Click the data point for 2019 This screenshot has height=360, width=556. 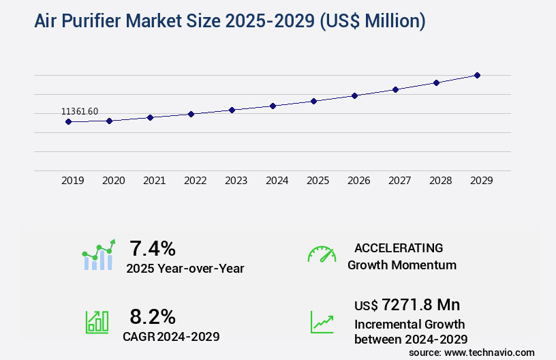pyautogui.click(x=68, y=121)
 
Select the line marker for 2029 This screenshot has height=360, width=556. pyautogui.click(x=477, y=75)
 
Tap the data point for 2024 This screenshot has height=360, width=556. pyautogui.click(x=273, y=106)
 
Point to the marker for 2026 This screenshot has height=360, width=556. pyautogui.click(x=354, y=95)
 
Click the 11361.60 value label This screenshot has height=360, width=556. pyautogui.click(x=80, y=111)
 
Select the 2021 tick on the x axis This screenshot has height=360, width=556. pyautogui.click(x=155, y=181)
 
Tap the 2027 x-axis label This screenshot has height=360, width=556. pyautogui.click(x=400, y=181)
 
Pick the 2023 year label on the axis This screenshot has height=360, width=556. pyautogui.click(x=236, y=181)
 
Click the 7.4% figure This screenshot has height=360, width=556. pyautogui.click(x=153, y=247)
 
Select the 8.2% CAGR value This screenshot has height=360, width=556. pyautogui.click(x=153, y=316)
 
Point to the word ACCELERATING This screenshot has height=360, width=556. pyautogui.click(x=399, y=248)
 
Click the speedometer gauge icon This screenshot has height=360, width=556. pyautogui.click(x=322, y=254)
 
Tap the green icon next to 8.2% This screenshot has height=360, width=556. pyautogui.click(x=97, y=322)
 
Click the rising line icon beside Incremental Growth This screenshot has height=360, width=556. pyautogui.click(x=322, y=322)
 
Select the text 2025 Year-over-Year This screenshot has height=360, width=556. pyautogui.click(x=185, y=269)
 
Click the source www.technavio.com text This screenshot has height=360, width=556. pyautogui.click(x=472, y=352)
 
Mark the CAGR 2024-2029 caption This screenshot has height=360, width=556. pyautogui.click(x=171, y=336)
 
